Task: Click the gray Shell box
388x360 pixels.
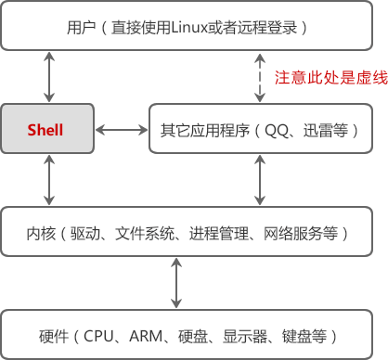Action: [45, 130]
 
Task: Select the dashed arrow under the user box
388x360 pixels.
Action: [260, 77]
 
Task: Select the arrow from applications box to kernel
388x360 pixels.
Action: [260, 181]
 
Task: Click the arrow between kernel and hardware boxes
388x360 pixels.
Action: [176, 284]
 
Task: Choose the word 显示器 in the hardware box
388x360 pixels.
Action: [243, 335]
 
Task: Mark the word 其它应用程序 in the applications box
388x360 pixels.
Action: [201, 130]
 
